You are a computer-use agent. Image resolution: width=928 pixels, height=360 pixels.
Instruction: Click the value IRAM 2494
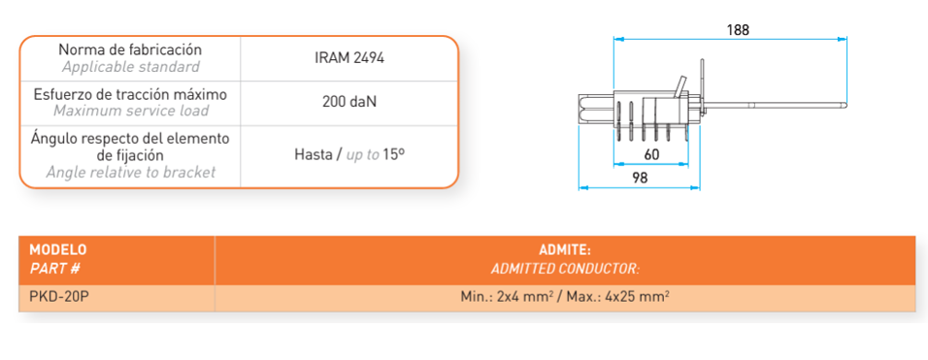349,58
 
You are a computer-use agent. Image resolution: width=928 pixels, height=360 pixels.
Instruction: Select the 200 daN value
349,101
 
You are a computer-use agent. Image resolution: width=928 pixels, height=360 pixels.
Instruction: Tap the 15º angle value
393,155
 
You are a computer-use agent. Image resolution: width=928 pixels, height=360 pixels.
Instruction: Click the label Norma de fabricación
130,49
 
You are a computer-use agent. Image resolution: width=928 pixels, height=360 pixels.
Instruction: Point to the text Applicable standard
131,66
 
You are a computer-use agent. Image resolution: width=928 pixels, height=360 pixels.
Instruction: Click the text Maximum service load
131,111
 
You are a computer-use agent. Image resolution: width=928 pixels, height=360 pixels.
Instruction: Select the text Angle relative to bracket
131,173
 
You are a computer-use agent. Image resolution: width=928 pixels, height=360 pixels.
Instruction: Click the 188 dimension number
738,30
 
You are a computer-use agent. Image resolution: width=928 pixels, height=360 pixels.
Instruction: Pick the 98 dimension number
640,178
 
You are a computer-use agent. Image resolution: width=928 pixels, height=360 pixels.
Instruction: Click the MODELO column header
58,248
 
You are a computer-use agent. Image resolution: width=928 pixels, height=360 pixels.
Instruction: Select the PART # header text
54,269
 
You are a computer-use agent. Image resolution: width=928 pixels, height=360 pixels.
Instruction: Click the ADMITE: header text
565,249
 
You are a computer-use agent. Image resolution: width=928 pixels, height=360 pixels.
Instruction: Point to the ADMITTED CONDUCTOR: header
565,269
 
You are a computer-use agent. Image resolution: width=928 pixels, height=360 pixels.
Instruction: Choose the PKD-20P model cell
59,297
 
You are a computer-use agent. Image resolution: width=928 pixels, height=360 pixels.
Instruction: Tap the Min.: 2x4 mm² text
509,297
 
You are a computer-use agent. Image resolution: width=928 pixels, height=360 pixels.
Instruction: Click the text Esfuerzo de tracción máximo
131,94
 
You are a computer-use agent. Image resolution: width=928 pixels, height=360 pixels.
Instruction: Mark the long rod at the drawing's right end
776,107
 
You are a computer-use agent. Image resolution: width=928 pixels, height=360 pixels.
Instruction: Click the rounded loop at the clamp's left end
581,110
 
